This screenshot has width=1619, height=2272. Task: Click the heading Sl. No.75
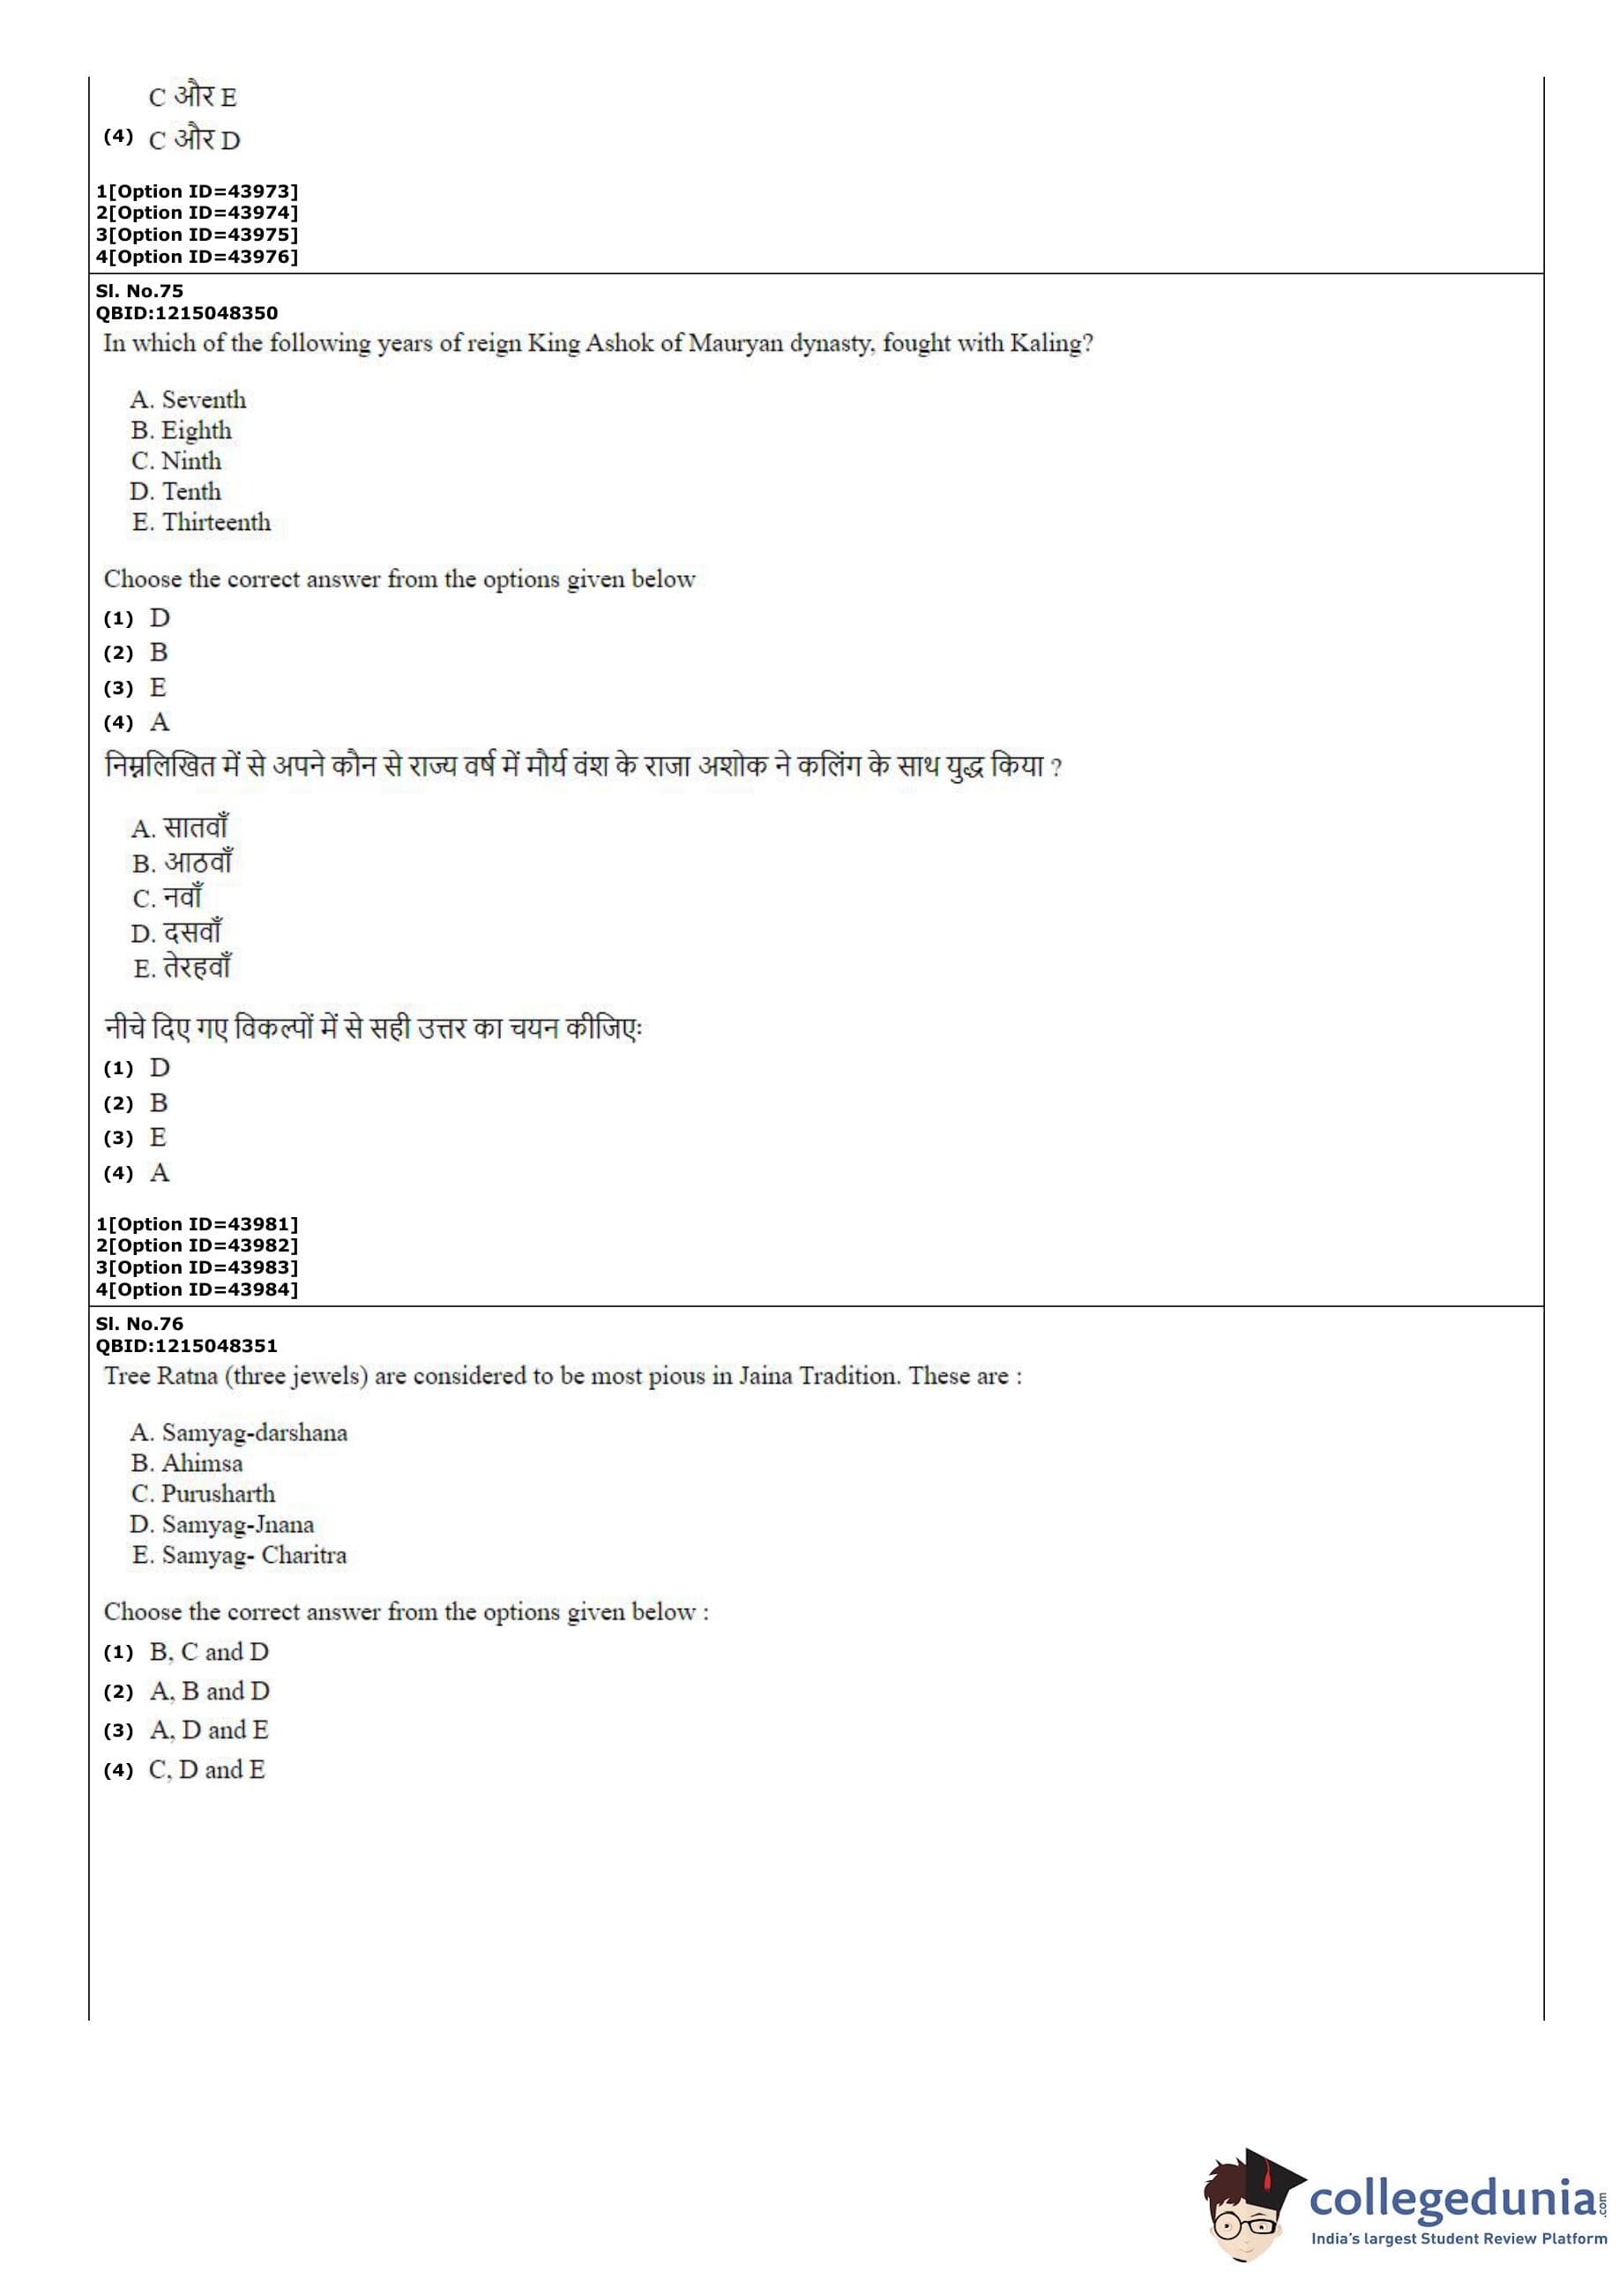139,291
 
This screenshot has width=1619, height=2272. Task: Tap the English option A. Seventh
189,400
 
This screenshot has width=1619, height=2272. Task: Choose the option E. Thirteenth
201,522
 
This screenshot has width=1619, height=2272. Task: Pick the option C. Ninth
176,460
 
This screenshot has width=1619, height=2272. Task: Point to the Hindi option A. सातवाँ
181,828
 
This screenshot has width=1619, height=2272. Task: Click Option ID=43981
198,1224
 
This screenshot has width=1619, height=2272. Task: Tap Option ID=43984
198,1290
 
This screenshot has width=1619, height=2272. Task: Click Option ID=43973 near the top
198,191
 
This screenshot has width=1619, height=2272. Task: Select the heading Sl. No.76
139,1324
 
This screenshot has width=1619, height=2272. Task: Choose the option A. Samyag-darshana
239,1432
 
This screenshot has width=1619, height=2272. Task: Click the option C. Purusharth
204,1493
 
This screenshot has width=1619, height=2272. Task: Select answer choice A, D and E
209,1730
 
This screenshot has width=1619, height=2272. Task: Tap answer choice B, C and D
209,1652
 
